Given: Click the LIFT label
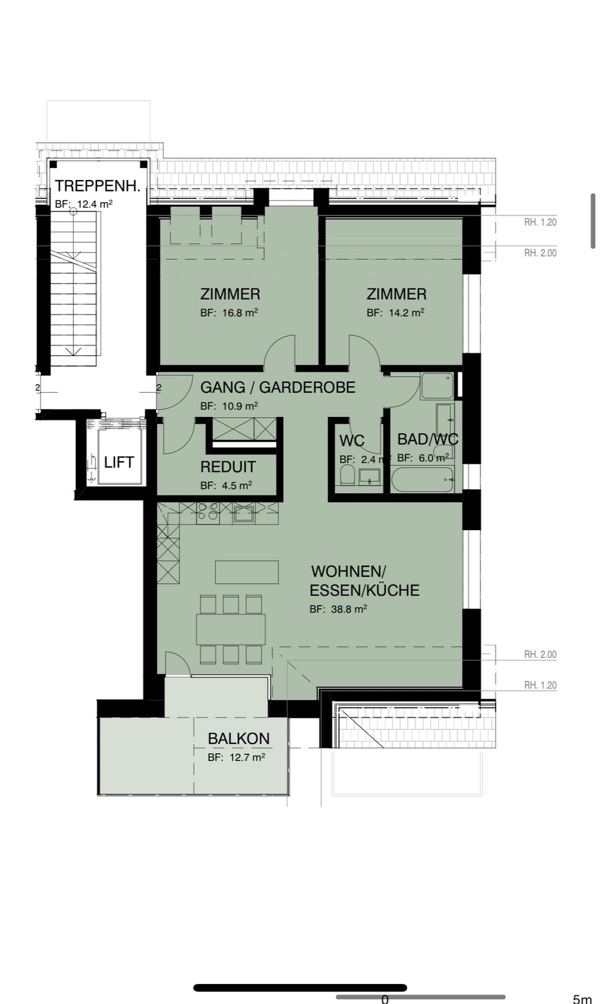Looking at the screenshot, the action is tap(119, 462).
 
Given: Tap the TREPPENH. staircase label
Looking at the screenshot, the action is tap(98, 186).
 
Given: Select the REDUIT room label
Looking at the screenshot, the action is tap(228, 467).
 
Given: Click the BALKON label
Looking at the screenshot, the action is tap(238, 738).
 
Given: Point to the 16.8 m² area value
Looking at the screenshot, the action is tap(240, 313).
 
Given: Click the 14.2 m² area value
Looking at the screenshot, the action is tap(406, 313).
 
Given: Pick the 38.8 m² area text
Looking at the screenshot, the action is tap(350, 609).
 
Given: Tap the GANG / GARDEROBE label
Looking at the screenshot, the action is tap(278, 388).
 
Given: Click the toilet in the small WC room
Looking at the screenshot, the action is tap(348, 475).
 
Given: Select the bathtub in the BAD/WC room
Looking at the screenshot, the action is tap(423, 480).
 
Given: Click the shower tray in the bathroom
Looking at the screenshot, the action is tap(437, 386).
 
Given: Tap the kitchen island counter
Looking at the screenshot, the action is tap(246, 572).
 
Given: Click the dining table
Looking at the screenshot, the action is tap(230, 629).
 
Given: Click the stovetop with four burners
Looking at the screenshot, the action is tap(208, 513).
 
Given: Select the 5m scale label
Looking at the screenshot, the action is tap(583, 999).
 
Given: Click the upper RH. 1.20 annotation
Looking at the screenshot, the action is tap(540, 222).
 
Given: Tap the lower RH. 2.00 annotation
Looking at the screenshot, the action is tap(540, 655).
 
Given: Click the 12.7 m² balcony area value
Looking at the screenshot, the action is tap(247, 757).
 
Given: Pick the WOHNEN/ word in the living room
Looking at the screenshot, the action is tap(348, 572).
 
